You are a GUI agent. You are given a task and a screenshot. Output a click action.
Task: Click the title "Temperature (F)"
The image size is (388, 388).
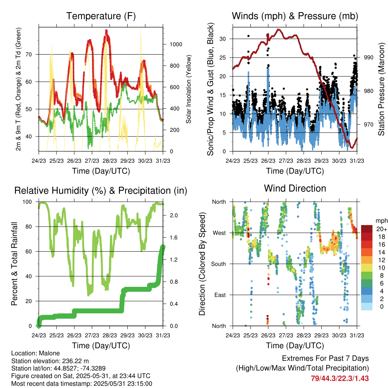(x=101, y=16)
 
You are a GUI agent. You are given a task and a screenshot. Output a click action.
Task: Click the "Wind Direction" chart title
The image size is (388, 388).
(x=295, y=188)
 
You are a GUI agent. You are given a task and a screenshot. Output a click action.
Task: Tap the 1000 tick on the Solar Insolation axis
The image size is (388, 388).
(x=176, y=44)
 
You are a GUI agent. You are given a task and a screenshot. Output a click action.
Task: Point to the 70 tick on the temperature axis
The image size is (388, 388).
(x=29, y=55)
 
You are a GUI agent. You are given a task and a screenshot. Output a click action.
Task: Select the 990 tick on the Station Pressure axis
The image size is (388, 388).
(x=368, y=58)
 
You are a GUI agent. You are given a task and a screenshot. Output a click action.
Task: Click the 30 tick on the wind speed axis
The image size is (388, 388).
(x=222, y=39)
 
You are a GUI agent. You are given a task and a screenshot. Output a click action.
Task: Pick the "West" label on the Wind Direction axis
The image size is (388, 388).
(x=219, y=233)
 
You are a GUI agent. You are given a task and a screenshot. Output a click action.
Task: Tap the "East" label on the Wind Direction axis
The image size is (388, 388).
(x=220, y=295)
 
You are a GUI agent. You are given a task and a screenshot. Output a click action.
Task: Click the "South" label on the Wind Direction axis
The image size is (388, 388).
(x=219, y=264)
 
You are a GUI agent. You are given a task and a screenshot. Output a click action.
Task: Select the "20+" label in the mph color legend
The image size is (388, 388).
(x=382, y=229)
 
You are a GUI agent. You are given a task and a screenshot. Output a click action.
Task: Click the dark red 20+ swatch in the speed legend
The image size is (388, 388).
(x=367, y=229)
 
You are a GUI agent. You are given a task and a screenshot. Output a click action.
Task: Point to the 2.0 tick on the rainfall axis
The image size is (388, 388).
(x=174, y=215)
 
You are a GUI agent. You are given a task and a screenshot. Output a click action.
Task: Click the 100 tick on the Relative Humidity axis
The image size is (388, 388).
(x=27, y=202)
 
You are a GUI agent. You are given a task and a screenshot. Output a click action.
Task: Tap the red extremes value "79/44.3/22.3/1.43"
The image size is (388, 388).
(x=340, y=379)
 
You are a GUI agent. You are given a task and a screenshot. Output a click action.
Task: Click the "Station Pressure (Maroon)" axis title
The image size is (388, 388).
(x=381, y=89)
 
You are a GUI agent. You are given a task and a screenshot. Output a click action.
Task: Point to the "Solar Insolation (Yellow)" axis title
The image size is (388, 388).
(x=189, y=89)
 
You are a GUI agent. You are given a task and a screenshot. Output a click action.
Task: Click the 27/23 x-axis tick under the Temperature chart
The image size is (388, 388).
(x=92, y=161)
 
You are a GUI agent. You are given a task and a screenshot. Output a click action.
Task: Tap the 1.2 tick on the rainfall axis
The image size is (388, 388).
(x=174, y=260)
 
